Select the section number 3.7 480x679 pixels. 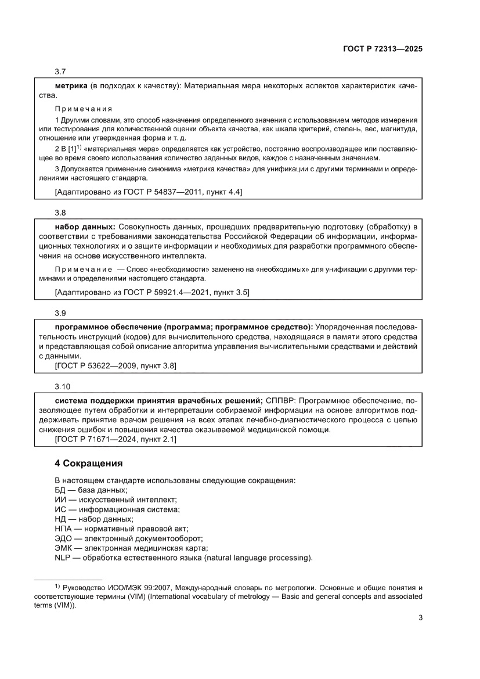60,71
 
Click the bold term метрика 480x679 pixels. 71,85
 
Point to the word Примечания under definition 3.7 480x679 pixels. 83,109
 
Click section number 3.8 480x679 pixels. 60,213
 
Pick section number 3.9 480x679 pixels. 60,313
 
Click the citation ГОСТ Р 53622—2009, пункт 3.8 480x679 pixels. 115,366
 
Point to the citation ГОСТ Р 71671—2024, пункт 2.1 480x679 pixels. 115,439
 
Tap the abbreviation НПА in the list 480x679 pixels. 63,529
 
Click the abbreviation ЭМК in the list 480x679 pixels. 63,548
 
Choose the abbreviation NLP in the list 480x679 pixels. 62,558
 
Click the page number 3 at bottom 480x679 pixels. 420,617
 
